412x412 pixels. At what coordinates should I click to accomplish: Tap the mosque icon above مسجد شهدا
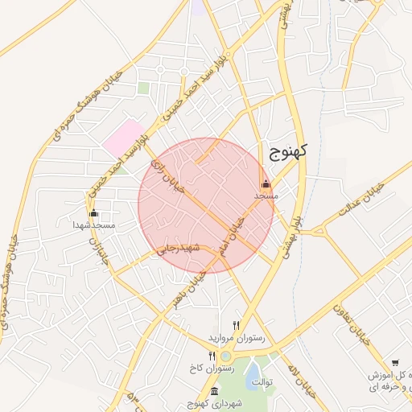coord(93,212)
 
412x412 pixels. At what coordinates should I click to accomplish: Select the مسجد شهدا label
coord(94,225)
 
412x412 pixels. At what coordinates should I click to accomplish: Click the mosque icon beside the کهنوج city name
coord(266,183)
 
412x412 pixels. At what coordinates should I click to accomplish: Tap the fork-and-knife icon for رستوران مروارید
coord(236,325)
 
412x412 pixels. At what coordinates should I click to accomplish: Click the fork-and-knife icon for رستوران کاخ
coord(212,356)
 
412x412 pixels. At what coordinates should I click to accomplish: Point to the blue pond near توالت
coord(253,370)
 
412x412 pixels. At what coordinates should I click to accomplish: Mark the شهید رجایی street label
coord(176,248)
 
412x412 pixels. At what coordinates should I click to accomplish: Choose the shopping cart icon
coord(395,363)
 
